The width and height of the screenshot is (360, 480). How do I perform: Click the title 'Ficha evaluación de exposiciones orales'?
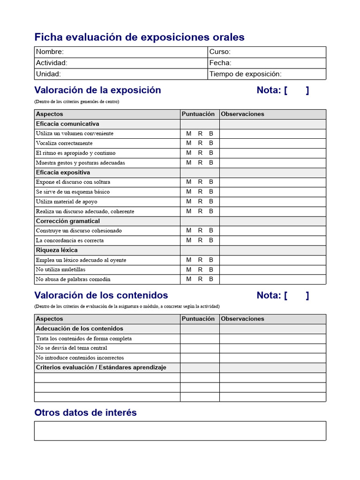139,37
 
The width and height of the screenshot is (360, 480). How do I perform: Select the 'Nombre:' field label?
50,52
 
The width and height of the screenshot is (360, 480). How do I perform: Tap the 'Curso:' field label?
220,52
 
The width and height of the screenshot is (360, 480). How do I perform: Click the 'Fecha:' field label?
220,63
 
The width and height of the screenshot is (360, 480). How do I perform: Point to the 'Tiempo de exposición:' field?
245,74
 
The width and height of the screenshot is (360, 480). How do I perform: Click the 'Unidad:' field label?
48,74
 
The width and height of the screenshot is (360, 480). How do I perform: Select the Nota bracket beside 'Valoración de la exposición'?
296,90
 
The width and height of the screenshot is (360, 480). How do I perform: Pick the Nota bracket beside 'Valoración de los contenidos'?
296,295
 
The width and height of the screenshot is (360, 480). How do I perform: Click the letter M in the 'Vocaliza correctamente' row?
189,143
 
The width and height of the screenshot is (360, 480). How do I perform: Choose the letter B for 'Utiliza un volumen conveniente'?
211,134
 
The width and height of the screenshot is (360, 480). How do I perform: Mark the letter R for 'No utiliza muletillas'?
200,270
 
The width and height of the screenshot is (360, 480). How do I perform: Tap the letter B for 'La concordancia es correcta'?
211,240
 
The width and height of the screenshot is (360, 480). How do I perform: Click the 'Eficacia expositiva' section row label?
63,172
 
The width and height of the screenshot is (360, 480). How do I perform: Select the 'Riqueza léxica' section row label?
57,250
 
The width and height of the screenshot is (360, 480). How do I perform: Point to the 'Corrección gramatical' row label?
67,221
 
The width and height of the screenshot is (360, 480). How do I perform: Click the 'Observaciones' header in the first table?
242,114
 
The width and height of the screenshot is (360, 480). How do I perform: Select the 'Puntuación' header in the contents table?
198,319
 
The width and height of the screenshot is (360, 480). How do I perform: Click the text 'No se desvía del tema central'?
71,348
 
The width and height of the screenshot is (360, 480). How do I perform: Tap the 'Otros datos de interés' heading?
85,412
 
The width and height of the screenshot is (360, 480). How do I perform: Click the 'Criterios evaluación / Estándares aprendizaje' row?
101,367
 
